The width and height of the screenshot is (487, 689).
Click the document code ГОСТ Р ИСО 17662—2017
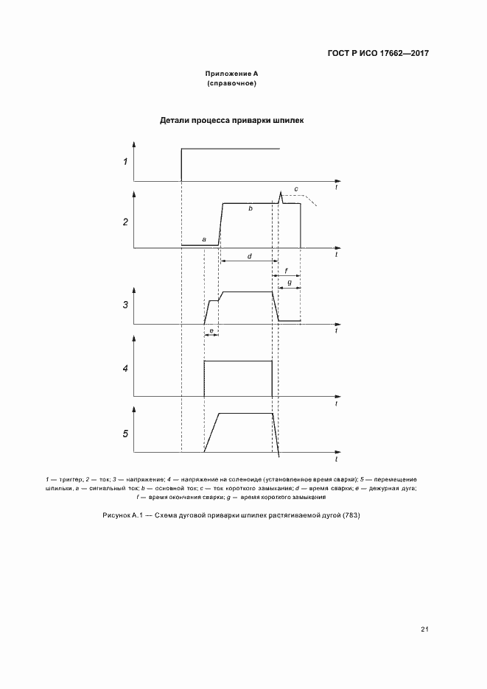[x=377, y=54]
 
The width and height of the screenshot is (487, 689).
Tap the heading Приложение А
[x=231, y=74]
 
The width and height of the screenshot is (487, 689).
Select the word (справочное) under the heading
[x=231, y=84]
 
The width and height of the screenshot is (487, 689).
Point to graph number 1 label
[x=125, y=162]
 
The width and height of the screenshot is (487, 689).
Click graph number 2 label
[x=125, y=221]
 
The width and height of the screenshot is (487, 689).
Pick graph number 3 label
[x=125, y=304]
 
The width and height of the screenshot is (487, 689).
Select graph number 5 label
[x=125, y=433]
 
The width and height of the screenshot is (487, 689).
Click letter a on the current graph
[x=203, y=239]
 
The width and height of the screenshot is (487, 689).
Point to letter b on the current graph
[x=250, y=209]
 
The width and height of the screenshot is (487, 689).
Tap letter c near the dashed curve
[x=296, y=189]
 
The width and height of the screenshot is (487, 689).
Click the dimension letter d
[x=250, y=256]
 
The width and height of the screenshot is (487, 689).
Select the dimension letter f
[x=286, y=272]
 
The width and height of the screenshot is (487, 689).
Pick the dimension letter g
[x=290, y=283]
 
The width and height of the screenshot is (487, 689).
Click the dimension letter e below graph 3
[x=211, y=331]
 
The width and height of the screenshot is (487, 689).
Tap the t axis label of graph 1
[x=336, y=188]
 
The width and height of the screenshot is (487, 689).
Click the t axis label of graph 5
[x=336, y=459]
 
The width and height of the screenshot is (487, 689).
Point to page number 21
[x=425, y=629]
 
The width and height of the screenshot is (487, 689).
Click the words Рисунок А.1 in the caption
[x=122, y=515]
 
